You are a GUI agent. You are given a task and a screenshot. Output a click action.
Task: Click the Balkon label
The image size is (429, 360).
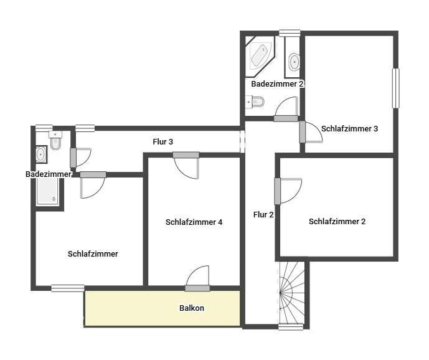click(x=192, y=308)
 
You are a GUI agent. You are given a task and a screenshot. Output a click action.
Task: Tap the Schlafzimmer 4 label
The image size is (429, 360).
click(x=194, y=222)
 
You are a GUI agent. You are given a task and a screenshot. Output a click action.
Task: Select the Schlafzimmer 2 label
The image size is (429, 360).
click(x=337, y=221)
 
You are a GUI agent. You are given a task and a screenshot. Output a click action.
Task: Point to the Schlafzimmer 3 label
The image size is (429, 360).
click(x=350, y=129)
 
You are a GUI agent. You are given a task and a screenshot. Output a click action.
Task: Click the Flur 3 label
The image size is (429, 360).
click(x=163, y=141)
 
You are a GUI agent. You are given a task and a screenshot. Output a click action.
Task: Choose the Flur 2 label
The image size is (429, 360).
click(x=263, y=215)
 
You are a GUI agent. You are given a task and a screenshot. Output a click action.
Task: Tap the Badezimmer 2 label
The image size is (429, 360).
click(x=277, y=83)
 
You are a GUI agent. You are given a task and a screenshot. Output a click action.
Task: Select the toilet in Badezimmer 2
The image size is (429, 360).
click(x=255, y=102)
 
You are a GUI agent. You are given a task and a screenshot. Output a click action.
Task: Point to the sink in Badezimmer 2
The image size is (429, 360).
click(x=294, y=62)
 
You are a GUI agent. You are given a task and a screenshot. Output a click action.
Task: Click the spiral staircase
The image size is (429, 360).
click(x=291, y=291)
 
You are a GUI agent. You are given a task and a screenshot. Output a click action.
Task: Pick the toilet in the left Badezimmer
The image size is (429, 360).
click(x=55, y=141)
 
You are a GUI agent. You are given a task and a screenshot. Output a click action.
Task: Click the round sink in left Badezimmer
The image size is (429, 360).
click(x=41, y=153)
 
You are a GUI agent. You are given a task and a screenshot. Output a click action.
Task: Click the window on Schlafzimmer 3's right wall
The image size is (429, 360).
click(x=395, y=88)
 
